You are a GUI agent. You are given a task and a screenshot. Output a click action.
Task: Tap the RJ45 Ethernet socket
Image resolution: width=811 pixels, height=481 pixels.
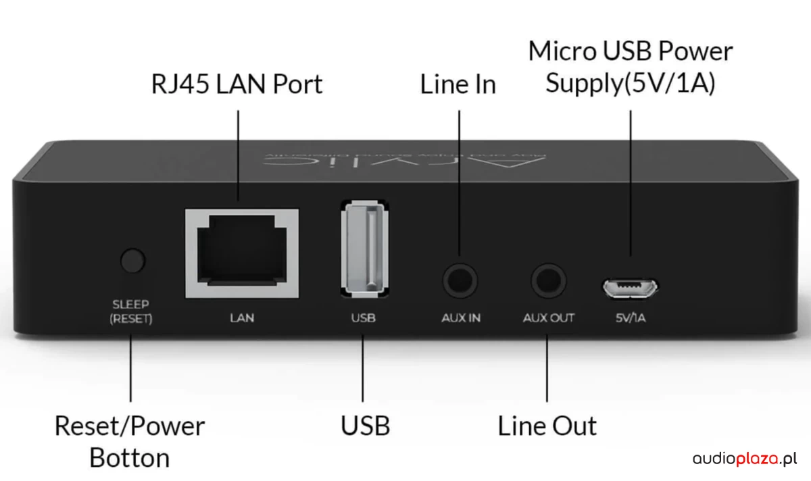(242, 253)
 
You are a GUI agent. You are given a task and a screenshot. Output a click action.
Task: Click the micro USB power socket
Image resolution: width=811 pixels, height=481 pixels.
(631, 287)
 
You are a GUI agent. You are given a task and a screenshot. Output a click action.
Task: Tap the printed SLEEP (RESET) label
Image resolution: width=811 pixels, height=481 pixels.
(131, 311)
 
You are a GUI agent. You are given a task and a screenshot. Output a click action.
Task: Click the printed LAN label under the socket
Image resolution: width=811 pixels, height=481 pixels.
(242, 318)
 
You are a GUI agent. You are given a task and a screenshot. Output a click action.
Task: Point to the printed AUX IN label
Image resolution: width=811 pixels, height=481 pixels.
(460, 318)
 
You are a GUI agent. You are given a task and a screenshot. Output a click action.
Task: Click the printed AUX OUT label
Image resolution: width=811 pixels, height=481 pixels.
(548, 318)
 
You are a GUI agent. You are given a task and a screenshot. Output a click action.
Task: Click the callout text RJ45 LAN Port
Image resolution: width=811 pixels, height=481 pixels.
(237, 85)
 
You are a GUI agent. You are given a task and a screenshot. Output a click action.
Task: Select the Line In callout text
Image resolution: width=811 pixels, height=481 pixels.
(458, 85)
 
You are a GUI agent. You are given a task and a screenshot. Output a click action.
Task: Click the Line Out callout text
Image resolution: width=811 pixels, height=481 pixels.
(547, 427)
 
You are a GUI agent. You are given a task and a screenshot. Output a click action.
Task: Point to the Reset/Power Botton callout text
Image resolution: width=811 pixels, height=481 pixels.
(130, 442)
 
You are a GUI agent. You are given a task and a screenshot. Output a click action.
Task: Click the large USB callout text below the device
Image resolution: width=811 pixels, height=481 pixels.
(365, 427)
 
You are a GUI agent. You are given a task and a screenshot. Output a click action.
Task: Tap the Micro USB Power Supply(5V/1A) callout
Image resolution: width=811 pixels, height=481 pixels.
(631, 68)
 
